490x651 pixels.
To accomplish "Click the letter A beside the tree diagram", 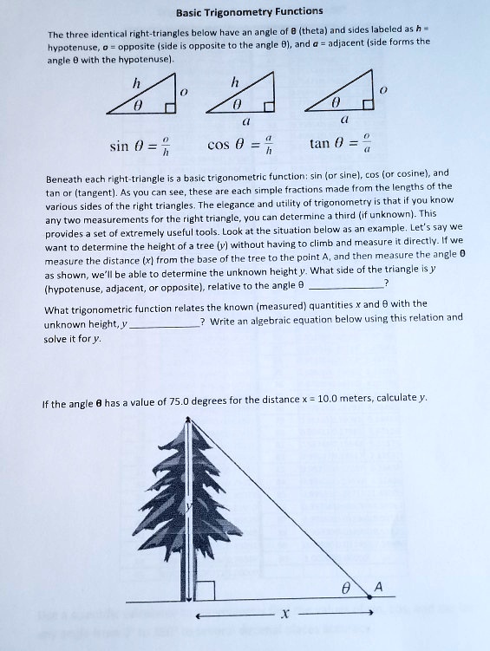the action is (x=376, y=587).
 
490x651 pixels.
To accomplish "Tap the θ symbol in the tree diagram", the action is (x=346, y=588).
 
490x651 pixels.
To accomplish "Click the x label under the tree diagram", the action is (x=284, y=614).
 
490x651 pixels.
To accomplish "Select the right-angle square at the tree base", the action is (x=205, y=591).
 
